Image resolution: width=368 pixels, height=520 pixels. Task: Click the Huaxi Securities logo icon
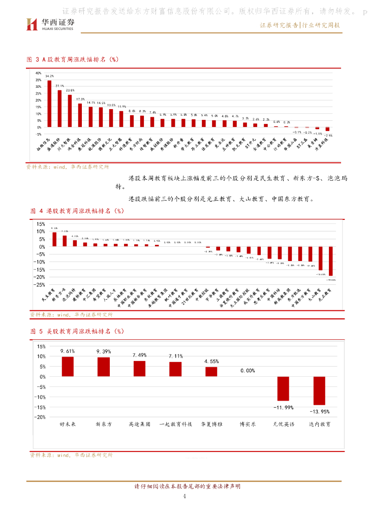pos(32,24)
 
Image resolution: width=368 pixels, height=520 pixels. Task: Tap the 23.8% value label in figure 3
pos(70,90)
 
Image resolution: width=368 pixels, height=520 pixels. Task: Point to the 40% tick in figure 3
pos(39,73)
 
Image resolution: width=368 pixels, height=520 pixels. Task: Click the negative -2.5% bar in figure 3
pos(327,129)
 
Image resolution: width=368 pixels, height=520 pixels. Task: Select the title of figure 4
pos(76,210)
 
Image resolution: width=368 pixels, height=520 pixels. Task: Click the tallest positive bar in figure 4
pos(54,239)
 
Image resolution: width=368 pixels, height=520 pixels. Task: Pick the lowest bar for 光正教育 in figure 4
pos(331,261)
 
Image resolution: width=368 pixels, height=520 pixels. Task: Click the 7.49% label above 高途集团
pos(139,355)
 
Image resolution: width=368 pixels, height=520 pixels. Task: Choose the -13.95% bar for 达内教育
pos(319,391)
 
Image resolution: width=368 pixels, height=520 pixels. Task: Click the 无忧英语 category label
pos(283,424)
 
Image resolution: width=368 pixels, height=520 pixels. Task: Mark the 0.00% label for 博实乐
pos(247,371)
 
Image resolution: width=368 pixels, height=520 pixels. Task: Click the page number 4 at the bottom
pos(184,496)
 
